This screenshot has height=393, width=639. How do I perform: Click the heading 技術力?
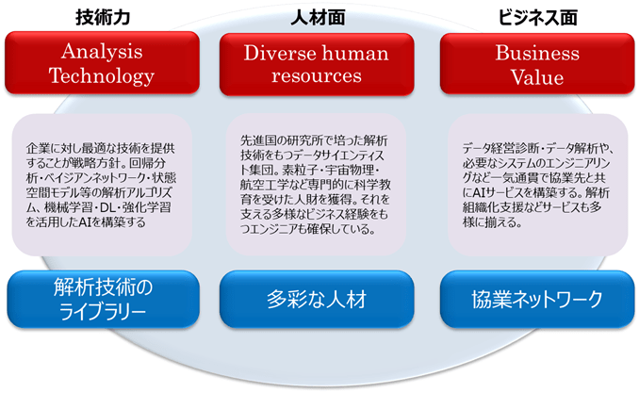pos(103,18)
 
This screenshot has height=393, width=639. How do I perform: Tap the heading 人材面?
pos(318,18)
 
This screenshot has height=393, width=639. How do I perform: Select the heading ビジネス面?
pos(537,18)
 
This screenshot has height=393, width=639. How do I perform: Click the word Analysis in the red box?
pos(102,52)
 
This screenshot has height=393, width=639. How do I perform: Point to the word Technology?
pos(102,76)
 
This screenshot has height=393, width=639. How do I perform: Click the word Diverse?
pos(280,54)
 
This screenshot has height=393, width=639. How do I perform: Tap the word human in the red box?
pos(355,54)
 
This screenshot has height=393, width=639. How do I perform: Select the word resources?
pos(317,75)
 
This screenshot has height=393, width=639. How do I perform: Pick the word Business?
pos(537,53)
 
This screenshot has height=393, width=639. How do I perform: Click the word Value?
pos(537,77)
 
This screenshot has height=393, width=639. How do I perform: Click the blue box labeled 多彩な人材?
pos(317,300)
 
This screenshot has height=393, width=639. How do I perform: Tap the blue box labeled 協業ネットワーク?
pos(537,300)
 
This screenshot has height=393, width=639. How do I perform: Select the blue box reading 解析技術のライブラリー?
pos(103,300)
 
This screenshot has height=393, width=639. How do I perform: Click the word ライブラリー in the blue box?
pos(103,313)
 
